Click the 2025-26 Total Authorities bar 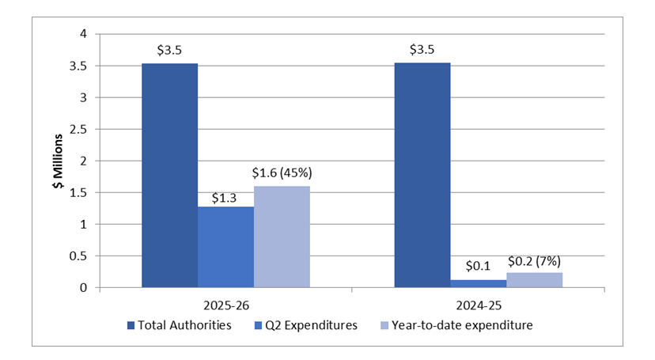pyautogui.click(x=169, y=176)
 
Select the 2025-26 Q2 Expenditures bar pyautogui.click(x=225, y=247)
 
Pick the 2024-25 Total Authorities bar pyautogui.click(x=422, y=176)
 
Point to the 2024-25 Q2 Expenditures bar pyautogui.click(x=478, y=283)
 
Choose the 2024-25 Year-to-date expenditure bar pyautogui.click(x=534, y=280)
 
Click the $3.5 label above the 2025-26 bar pyautogui.click(x=169, y=51)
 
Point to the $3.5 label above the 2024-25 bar pyautogui.click(x=422, y=51)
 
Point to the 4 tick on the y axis pyautogui.click(x=82, y=34)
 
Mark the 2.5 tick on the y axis pyautogui.click(x=78, y=129)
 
